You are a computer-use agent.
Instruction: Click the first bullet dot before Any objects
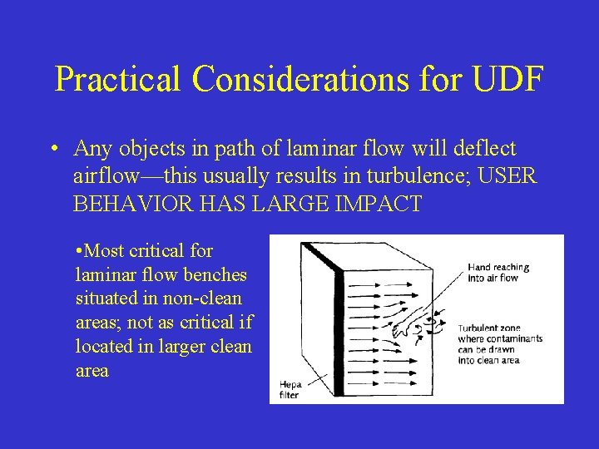click(52, 150)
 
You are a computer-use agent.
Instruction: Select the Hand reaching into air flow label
click(498, 272)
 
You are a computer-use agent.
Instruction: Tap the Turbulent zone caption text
click(499, 343)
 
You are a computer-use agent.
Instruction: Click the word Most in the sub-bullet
click(102, 250)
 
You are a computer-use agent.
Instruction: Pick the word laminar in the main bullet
click(289, 149)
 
